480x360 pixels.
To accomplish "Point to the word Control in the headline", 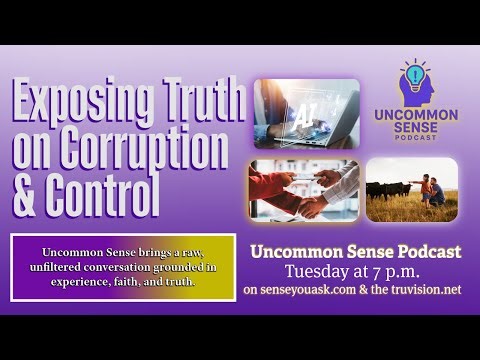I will (103, 196).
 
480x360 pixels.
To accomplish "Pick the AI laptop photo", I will (306, 113).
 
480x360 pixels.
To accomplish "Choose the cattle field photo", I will (411, 188).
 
